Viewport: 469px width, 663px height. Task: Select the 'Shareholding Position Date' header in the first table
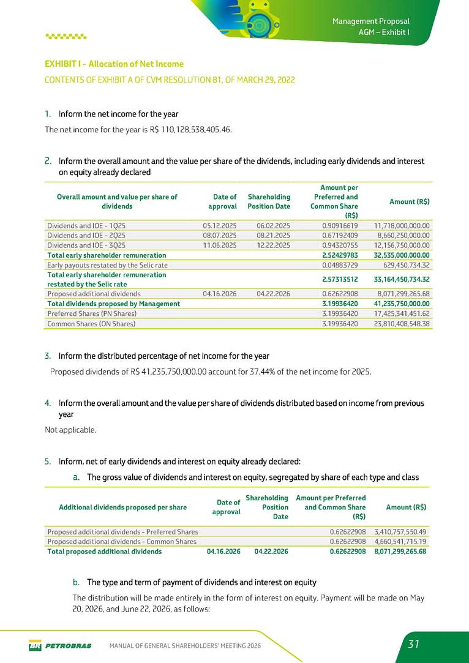[269, 201]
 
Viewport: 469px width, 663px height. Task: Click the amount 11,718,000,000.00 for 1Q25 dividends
[401, 225]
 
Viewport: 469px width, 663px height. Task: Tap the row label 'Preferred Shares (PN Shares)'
[92, 313]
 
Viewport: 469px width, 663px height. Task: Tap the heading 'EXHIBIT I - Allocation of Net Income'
[114, 64]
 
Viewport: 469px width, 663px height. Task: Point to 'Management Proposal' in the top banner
[370, 21]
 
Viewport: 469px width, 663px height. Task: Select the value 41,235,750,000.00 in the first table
[400, 303]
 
